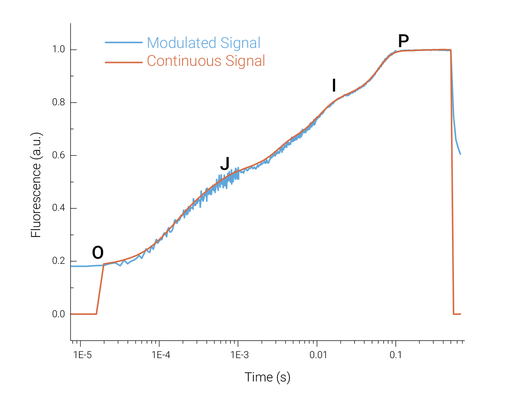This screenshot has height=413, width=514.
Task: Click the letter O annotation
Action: [98, 253]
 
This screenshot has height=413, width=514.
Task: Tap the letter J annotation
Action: [225, 164]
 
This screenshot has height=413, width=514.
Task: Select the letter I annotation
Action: [334, 85]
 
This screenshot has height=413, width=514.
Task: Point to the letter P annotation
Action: [403, 41]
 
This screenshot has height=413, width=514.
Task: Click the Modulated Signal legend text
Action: [204, 43]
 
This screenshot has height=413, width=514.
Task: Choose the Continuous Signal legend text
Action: [206, 61]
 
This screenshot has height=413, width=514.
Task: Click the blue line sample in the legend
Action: [124, 42]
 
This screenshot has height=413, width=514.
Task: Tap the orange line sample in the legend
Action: [124, 62]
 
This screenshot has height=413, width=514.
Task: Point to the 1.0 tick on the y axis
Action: [58, 50]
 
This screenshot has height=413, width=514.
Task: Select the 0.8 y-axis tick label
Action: [58, 103]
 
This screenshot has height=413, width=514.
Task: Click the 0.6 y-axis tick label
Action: [58, 155]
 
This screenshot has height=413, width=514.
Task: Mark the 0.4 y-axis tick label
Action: [58, 208]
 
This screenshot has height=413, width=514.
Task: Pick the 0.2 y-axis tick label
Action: [58, 261]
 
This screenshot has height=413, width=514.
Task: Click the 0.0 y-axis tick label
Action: [58, 314]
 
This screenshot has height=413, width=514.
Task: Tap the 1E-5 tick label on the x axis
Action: [82, 355]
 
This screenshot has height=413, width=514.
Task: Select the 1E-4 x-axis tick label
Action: [161, 355]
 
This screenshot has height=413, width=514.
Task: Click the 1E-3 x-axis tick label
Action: [239, 355]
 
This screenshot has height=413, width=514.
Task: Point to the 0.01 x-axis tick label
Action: [318, 355]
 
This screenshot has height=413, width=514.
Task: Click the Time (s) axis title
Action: [268, 377]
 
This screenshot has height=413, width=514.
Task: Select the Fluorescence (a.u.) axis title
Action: [36, 185]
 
